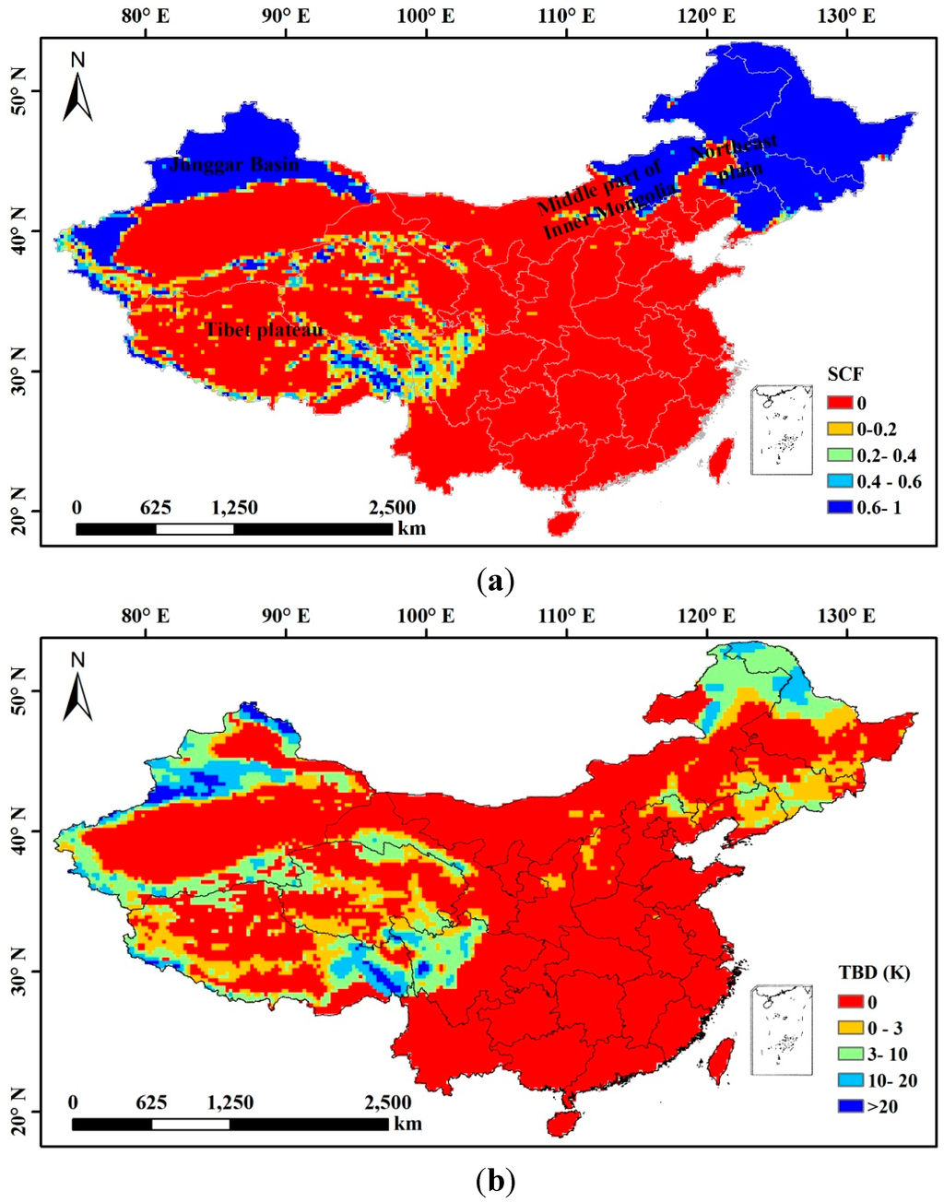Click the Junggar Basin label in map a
(x=234, y=165)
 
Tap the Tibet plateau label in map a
(x=265, y=330)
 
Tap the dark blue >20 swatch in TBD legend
(x=851, y=1105)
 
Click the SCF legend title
(x=844, y=375)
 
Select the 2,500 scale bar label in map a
(x=392, y=508)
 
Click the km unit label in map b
(x=407, y=1123)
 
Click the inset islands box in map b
(x=782, y=1030)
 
